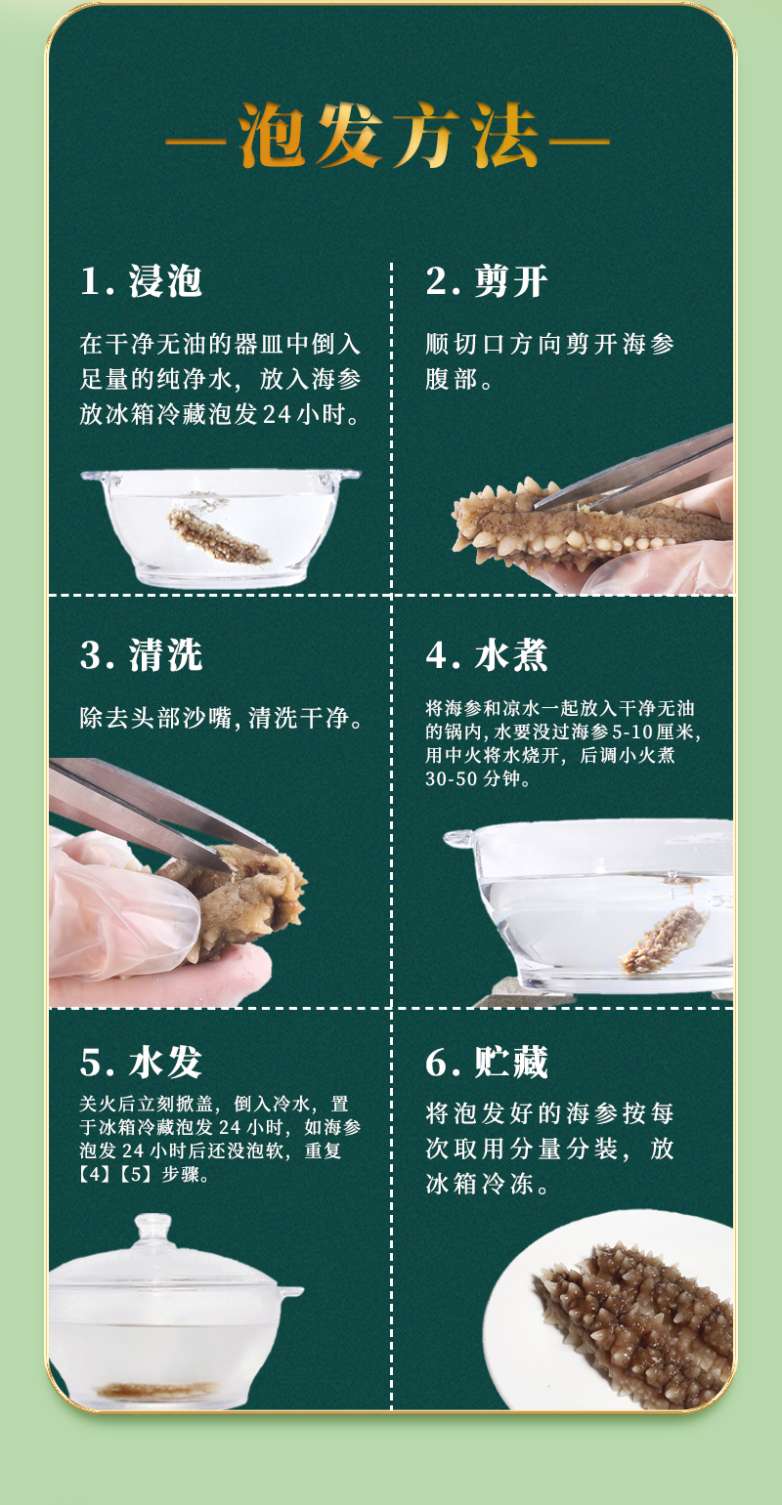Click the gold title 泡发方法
388,135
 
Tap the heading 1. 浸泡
141,281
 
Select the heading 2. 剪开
486,281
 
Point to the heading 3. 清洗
141,655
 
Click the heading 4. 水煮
486,655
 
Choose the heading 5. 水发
141,1063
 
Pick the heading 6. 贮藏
486,1063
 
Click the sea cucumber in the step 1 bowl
217,535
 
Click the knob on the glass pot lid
153,1229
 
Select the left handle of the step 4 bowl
458,839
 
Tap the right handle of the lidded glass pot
290,1291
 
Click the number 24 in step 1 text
277,415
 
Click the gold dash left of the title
195,142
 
